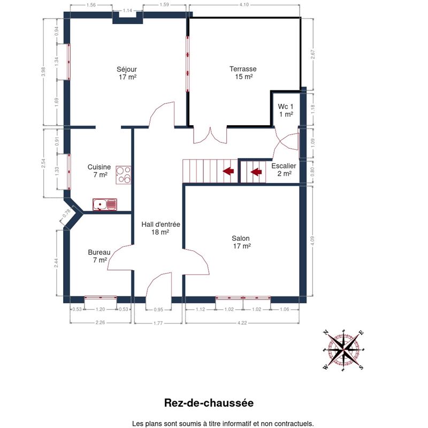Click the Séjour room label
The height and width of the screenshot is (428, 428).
point(127,73)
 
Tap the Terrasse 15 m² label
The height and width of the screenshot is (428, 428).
point(243,73)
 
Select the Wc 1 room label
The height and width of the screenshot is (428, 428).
point(286,110)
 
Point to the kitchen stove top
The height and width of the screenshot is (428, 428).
point(124,175)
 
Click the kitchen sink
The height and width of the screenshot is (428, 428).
point(105,204)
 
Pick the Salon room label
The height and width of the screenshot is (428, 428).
point(241,242)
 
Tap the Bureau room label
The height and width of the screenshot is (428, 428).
point(99,256)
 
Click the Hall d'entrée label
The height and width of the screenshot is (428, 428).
point(160,228)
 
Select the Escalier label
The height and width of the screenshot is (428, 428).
point(284,170)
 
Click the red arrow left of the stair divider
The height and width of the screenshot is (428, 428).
point(228,171)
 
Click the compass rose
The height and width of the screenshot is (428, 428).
point(343,350)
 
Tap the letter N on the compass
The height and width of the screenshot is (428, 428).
point(326,332)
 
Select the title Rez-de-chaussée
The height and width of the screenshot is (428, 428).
point(209,403)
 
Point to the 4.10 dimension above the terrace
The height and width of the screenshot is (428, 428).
point(244,5)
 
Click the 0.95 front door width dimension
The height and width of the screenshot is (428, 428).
point(158,310)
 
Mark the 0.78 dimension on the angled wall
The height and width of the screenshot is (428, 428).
point(66,213)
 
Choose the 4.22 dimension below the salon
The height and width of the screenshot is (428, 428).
point(242,323)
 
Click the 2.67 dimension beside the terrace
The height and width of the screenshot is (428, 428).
point(313,54)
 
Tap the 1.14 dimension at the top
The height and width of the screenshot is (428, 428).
point(127,11)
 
